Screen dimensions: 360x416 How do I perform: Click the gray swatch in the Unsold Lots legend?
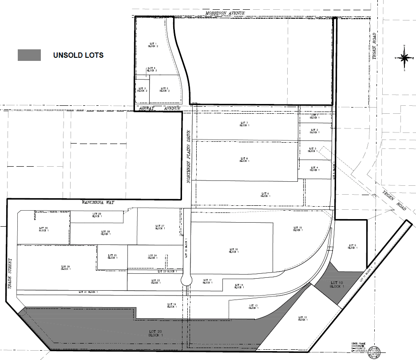point(29,55)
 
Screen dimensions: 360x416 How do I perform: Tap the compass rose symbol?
point(404,57)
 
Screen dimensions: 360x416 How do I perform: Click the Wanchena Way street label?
point(98,202)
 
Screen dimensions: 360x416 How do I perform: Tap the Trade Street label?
point(11,274)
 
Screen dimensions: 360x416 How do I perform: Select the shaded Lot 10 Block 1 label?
point(337,284)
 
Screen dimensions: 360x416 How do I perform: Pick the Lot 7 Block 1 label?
point(244,124)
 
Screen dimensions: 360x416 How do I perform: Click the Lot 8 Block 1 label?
point(244,160)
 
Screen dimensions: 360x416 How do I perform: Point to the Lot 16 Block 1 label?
point(234,250)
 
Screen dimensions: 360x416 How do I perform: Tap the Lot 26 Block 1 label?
point(65,268)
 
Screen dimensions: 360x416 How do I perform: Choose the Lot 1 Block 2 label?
point(153,44)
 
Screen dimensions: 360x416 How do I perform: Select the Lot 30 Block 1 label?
point(43,229)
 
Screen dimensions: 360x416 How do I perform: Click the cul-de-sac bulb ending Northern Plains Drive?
point(186,280)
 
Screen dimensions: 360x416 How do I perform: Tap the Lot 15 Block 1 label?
point(297,229)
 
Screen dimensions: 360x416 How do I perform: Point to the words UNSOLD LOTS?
point(78,55)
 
